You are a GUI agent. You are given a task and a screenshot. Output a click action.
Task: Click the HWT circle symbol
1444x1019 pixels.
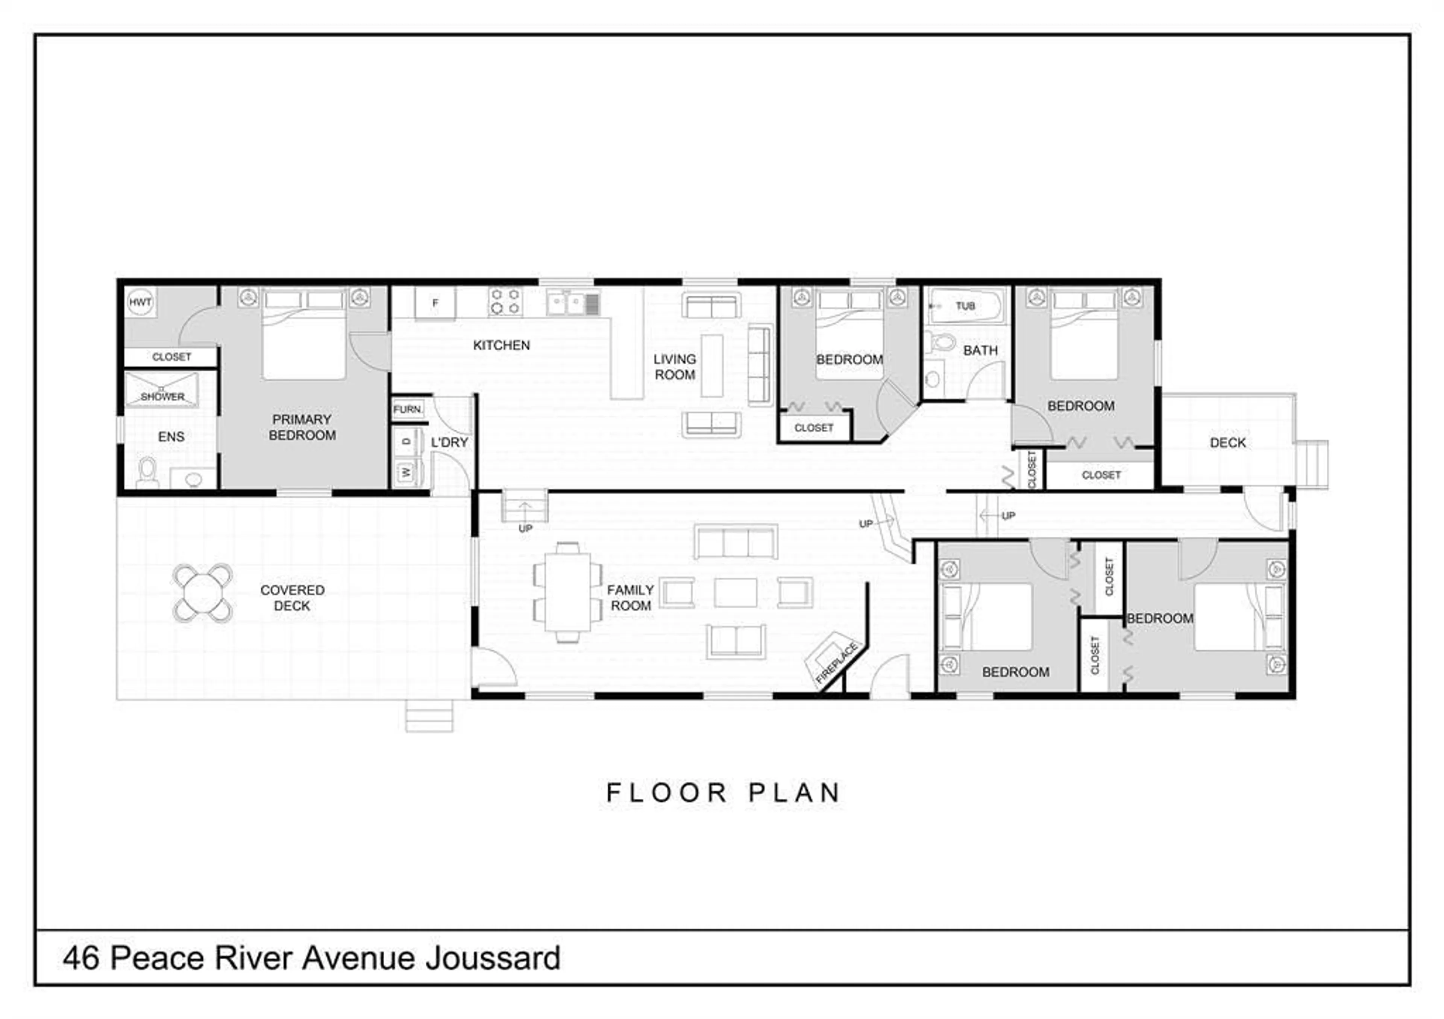click(x=140, y=302)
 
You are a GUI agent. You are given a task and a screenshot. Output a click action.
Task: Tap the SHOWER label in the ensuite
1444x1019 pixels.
click(x=162, y=397)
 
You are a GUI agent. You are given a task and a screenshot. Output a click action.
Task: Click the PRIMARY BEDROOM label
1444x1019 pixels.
click(x=302, y=427)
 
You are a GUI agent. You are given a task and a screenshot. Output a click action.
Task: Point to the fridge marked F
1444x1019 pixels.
click(x=435, y=303)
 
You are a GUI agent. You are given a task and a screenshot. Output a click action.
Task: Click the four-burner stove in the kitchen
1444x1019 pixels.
click(x=505, y=301)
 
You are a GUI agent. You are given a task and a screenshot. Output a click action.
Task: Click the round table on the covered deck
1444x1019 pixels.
click(x=203, y=593)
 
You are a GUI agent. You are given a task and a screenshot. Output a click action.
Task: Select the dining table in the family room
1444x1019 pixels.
click(x=567, y=592)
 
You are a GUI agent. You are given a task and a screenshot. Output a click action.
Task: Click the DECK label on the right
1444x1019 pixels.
click(x=1228, y=442)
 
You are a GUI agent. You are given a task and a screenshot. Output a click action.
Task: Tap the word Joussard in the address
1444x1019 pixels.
click(x=493, y=958)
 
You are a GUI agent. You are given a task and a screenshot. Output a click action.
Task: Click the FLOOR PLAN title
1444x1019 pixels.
click(x=723, y=793)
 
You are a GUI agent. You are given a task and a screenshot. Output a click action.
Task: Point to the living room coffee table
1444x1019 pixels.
click(x=712, y=365)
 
